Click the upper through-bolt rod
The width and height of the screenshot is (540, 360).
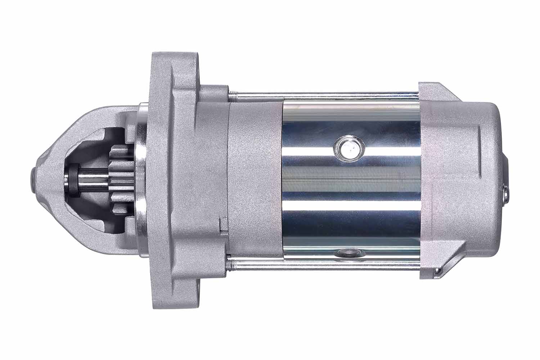(x=324, y=96)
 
